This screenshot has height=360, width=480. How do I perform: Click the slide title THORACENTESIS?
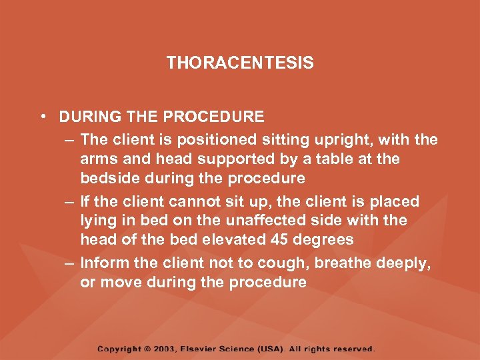pyautogui.click(x=240, y=63)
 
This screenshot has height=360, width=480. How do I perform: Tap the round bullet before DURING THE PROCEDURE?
pyautogui.click(x=42, y=117)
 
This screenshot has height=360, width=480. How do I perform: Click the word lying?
pyautogui.click(x=97, y=221)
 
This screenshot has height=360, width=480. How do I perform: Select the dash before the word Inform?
pyautogui.click(x=70, y=263)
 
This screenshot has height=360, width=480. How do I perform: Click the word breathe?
pyautogui.click(x=343, y=263)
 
